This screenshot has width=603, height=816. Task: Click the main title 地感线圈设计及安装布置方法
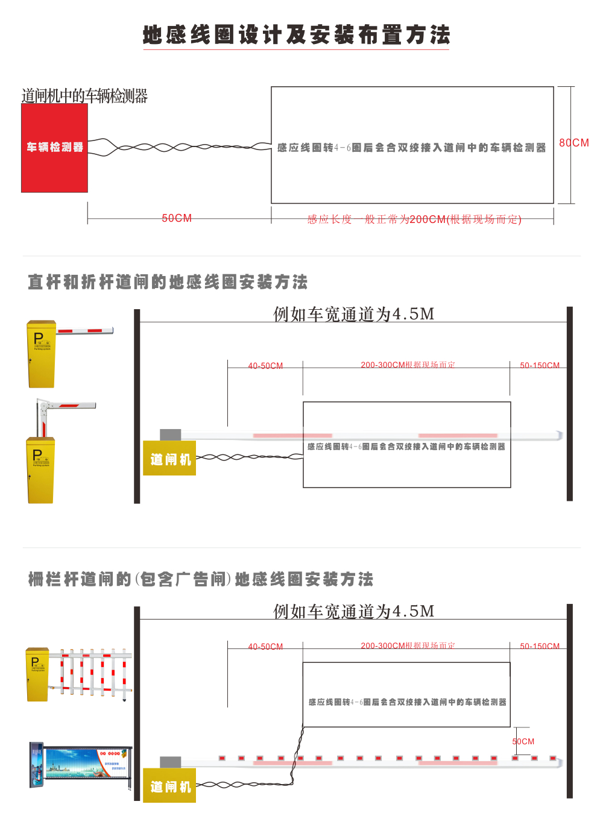[296, 35]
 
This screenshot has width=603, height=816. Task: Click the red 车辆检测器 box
[54, 148]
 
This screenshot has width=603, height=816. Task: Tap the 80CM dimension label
[573, 143]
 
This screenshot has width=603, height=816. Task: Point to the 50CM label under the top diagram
[177, 218]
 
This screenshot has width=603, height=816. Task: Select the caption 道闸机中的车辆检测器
[84, 96]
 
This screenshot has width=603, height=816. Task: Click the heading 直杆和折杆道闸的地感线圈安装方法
[168, 282]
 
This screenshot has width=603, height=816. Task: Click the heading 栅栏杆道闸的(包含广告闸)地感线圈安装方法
[201, 579]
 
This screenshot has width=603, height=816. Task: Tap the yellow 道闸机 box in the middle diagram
[169, 459]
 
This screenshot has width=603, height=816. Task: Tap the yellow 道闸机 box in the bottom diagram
[169, 786]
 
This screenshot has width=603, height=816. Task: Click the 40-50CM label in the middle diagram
[265, 366]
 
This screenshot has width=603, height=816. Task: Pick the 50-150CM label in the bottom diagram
[540, 646]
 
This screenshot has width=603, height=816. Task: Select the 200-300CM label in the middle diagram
[408, 365]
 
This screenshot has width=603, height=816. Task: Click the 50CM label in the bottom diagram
[523, 741]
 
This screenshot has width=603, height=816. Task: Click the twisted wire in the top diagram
[181, 147]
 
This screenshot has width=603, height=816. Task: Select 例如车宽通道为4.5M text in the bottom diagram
[353, 611]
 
